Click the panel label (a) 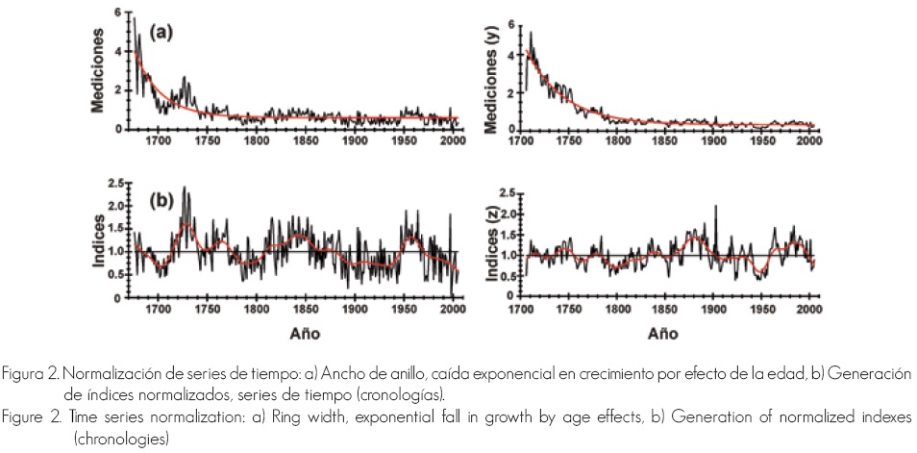coord(159,31)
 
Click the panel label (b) coord(159,202)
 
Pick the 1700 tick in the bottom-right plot coord(524,312)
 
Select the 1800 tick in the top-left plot coord(256,139)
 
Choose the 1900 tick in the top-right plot coord(713,139)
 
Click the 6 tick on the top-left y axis coord(117,13)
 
